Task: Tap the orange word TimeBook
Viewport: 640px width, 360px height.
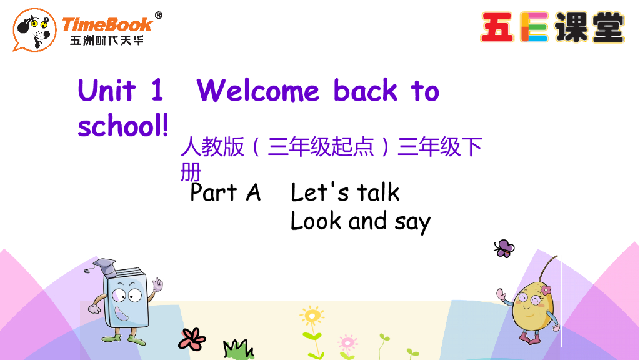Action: pos(107,24)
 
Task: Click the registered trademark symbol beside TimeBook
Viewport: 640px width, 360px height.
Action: pos(158,16)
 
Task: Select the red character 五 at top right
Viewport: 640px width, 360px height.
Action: pos(497,28)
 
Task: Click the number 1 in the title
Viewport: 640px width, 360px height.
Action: pos(156,91)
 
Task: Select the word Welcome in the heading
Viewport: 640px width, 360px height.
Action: pos(257,91)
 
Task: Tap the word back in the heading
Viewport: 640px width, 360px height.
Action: pos(366,91)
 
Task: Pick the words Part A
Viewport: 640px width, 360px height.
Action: pos(225,192)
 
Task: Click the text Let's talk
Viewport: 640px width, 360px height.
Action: pos(345,192)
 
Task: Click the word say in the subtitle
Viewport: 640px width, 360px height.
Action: pos(412,222)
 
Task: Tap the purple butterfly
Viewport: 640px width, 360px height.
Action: pos(503,248)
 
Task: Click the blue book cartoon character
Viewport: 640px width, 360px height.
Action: pos(126,299)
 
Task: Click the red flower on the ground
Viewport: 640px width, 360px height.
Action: pos(191,338)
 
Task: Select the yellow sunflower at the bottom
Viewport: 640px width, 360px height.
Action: pos(311,315)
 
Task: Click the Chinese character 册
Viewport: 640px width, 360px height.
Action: pos(191,170)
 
